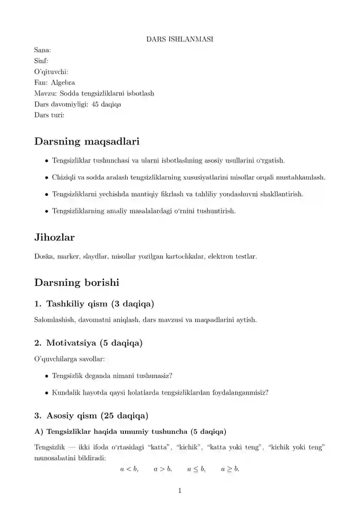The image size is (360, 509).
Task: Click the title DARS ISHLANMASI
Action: click(180, 39)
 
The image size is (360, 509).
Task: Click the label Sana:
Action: click(42, 50)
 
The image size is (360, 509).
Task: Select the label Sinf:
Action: click(41, 61)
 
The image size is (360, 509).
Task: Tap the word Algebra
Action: click(63, 82)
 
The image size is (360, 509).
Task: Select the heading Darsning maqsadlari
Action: click(87, 141)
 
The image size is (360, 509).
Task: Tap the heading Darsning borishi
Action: click(76, 283)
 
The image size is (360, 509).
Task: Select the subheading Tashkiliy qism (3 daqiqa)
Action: click(94, 304)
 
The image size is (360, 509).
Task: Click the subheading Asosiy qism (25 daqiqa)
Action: click(91, 414)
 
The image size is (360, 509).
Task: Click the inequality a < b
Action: click(129, 469)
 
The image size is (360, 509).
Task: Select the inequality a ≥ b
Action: click(230, 469)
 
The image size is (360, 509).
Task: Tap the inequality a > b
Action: click(162, 469)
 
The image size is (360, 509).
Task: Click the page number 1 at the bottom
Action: click(180, 491)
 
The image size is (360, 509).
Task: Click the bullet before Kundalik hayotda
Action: click(47, 392)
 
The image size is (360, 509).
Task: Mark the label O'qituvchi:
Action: click(51, 72)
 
